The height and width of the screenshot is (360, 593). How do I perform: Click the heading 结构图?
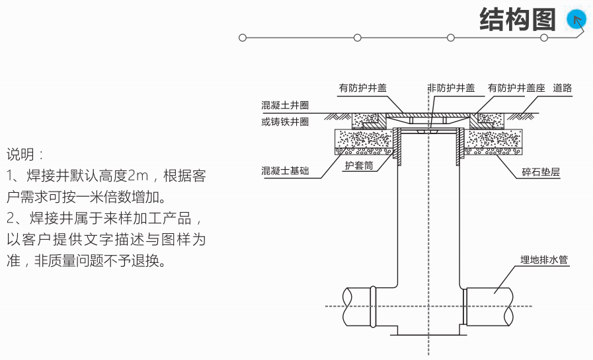517,20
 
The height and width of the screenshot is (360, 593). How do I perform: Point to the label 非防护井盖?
451,88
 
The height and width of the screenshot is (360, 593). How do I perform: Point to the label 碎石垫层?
541,174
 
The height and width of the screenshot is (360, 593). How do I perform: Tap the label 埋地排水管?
544,260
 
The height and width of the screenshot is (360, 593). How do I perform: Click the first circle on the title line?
243,38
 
